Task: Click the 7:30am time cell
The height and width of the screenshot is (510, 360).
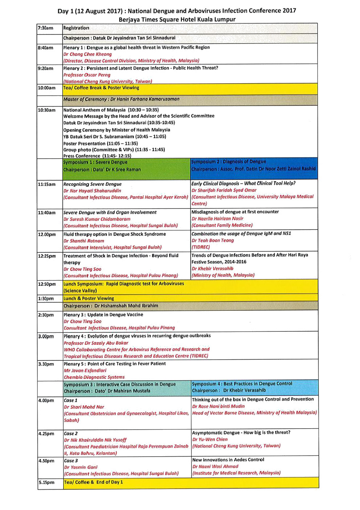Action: (46, 28)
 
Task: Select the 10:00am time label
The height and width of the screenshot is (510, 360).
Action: (47, 88)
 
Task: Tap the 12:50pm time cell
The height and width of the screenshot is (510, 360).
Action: (47, 284)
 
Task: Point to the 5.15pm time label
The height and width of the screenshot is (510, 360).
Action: (46, 482)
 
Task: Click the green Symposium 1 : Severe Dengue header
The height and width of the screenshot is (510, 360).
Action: (95, 162)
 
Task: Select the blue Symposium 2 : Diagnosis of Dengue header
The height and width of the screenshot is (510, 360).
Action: (229, 162)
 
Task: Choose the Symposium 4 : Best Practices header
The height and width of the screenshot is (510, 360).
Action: (242, 384)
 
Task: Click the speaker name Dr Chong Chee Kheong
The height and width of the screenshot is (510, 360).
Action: (87, 54)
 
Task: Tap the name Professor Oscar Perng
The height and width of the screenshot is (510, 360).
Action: (87, 75)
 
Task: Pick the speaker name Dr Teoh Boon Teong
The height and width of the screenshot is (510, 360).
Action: (213, 240)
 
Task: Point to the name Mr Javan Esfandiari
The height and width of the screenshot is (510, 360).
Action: (85, 371)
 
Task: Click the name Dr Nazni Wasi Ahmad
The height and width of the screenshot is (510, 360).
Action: (215, 466)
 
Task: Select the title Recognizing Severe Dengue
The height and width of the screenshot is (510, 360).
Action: (93, 184)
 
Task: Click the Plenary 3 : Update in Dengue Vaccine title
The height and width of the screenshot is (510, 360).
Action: (103, 315)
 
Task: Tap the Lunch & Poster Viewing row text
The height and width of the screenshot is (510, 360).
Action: (89, 298)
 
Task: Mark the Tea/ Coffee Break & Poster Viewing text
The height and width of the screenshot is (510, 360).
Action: (101, 88)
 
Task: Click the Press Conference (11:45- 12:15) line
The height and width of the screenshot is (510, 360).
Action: (97, 156)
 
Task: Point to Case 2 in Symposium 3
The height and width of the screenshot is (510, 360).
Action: (71, 433)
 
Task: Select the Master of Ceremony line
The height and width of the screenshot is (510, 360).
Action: (121, 99)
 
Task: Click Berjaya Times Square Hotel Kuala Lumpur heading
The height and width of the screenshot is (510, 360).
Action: (177, 19)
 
